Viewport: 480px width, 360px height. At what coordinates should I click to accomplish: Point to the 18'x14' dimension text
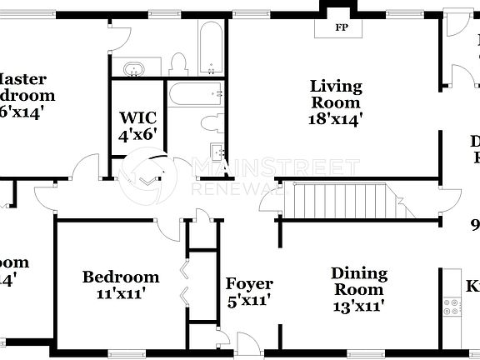tap(336, 118)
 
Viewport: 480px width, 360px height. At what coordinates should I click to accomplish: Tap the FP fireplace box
tap(341, 27)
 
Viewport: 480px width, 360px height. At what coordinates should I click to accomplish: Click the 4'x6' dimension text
tap(137, 132)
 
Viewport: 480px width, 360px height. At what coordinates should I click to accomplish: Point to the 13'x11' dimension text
tap(359, 306)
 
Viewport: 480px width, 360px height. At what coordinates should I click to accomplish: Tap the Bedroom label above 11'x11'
tap(121, 277)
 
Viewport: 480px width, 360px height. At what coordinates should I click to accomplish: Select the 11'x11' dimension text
tap(121, 293)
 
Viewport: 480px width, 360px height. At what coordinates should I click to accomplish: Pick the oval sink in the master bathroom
tap(132, 68)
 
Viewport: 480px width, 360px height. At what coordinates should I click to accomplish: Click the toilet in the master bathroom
tap(177, 63)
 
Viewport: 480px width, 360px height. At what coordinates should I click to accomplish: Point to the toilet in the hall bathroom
tap(212, 123)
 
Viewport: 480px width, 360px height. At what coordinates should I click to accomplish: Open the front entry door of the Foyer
tap(247, 343)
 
